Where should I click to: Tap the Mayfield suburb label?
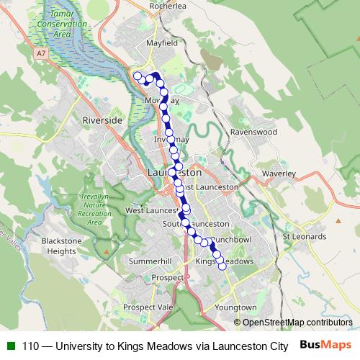tap(162, 42)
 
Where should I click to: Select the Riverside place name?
tap(103, 120)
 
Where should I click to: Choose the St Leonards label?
tap(305, 235)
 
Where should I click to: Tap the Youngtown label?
tap(235, 307)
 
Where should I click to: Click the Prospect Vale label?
tap(149, 307)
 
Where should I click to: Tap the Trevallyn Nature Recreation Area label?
tap(94, 209)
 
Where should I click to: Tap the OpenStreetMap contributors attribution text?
tap(297, 322)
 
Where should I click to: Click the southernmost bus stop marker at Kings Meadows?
tap(222, 266)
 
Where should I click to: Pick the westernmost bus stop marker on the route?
tap(137, 75)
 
